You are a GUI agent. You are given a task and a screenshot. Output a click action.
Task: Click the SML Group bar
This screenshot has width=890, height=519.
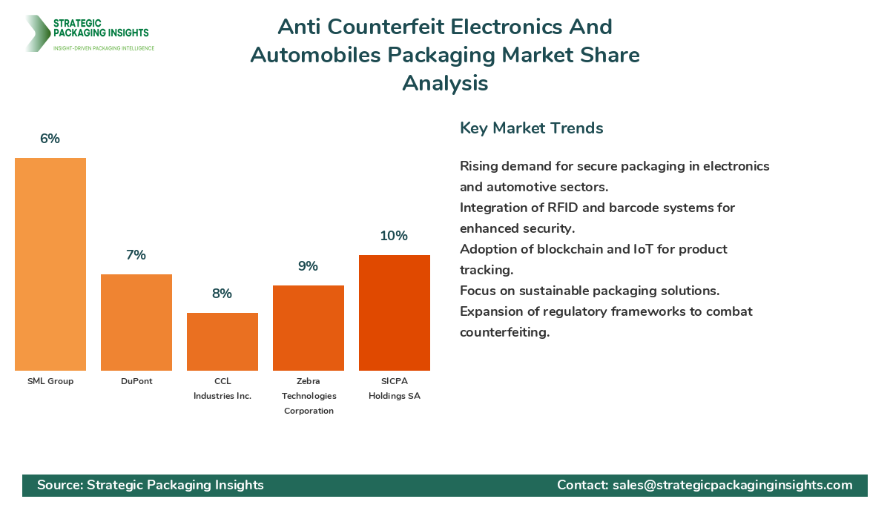[x=50, y=264]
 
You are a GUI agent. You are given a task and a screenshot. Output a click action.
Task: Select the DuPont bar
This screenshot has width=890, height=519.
[x=136, y=323]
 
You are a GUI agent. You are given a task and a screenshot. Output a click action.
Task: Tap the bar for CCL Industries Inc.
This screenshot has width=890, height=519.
[x=222, y=342]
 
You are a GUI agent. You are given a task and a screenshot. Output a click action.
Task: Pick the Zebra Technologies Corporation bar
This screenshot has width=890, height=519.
[x=309, y=328]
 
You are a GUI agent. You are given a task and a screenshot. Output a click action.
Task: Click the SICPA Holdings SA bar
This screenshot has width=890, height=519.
[x=395, y=313]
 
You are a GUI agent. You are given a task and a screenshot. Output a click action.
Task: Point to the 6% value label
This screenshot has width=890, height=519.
[x=50, y=139]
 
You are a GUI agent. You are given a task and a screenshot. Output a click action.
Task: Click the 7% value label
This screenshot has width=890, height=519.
[x=136, y=255]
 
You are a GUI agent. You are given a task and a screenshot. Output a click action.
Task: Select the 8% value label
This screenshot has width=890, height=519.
[x=222, y=294]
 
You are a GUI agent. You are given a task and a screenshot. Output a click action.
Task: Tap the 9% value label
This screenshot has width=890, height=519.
[x=308, y=266]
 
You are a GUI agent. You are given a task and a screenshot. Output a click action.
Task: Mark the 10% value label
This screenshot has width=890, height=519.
[x=394, y=236]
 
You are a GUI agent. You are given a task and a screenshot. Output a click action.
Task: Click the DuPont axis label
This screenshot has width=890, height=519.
[x=136, y=381]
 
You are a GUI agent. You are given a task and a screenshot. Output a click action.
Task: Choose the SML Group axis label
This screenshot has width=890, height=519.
[x=50, y=381]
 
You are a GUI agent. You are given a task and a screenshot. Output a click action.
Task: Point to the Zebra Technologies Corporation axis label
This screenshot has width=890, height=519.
[x=309, y=396]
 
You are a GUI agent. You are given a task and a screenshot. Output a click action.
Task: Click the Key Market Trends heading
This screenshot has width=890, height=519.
[x=531, y=128]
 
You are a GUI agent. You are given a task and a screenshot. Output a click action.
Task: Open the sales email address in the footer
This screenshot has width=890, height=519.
[x=732, y=485]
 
